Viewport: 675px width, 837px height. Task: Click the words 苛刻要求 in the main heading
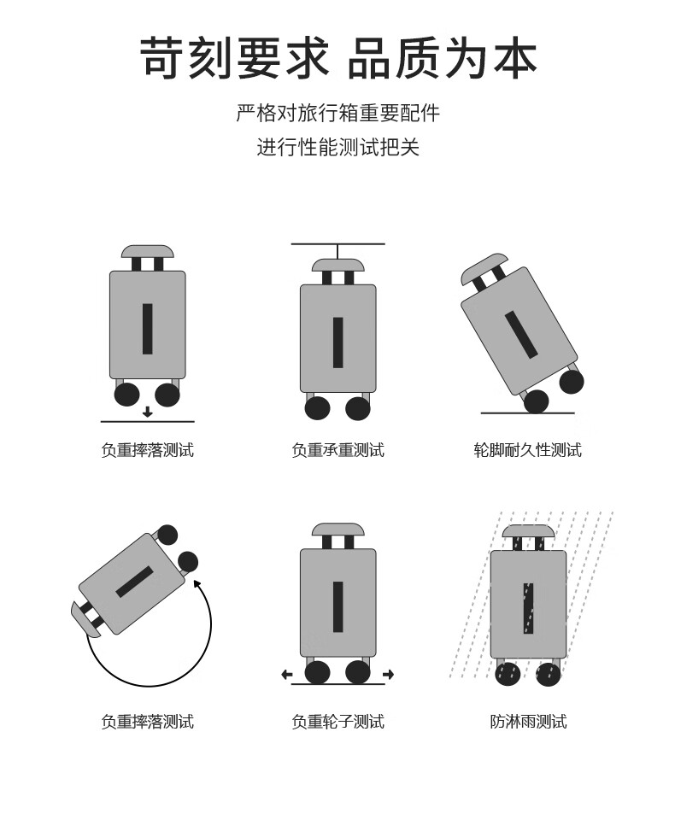234,58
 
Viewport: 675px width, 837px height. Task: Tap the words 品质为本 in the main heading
443,58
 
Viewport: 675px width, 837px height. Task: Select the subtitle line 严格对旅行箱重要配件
337,113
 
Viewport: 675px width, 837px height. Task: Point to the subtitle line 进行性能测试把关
337,147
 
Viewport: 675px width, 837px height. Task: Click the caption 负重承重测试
337,450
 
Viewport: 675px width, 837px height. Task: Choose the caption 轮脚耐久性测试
528,450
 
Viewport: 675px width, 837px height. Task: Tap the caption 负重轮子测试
337,722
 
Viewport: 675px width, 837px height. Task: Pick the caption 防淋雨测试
528,722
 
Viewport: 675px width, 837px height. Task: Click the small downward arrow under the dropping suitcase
148,412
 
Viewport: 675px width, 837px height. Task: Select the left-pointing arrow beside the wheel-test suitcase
287,675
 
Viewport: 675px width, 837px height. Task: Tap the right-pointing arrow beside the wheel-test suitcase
389,675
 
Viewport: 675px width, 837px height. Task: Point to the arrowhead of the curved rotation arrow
197,582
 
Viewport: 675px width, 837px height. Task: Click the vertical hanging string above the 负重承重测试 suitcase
338,251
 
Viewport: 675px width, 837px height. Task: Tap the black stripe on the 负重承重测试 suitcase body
338,342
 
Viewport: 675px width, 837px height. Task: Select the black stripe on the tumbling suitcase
135,582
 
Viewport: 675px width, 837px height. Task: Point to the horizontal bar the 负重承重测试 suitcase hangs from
338,244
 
